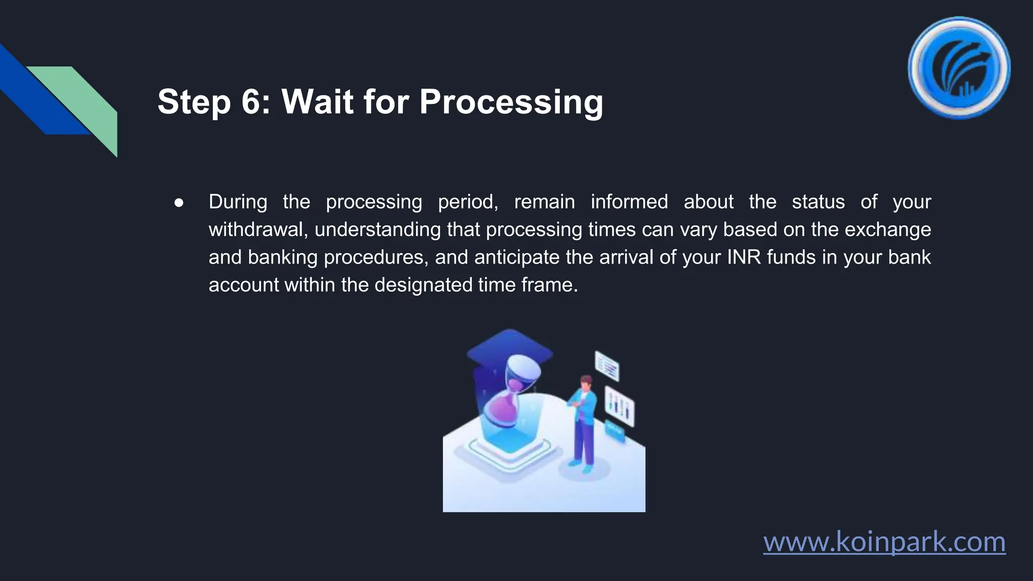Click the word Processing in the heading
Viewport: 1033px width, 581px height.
pos(511,102)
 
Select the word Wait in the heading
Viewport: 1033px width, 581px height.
pos(317,102)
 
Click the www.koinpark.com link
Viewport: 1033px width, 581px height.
pos(884,542)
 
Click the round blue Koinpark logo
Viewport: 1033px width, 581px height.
pos(959,68)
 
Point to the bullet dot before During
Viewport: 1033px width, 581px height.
pos(179,203)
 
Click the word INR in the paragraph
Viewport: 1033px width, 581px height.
pos(743,257)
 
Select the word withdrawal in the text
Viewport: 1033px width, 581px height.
pos(257,229)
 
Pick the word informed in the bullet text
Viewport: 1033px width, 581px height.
pos(629,202)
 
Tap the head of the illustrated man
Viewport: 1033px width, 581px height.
pos(586,382)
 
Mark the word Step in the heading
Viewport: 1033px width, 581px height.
pos(194,102)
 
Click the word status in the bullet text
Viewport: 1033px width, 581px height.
pos(818,202)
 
